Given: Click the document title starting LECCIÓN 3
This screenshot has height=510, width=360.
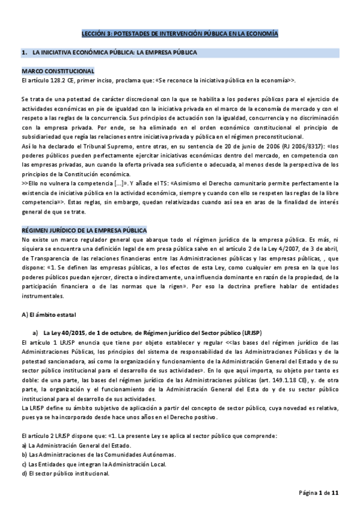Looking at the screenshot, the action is (x=180, y=35).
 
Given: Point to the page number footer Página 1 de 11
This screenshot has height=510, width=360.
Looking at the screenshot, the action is (x=320, y=493).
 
